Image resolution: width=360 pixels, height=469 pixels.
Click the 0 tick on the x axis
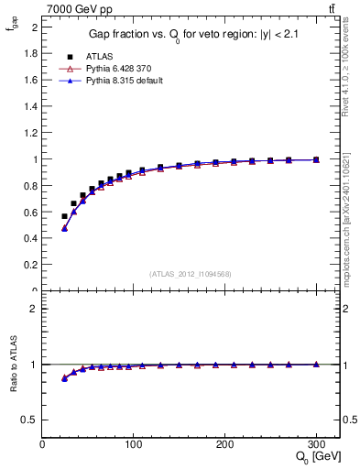[43, 444]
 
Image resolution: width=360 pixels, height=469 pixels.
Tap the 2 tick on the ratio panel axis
[34, 309]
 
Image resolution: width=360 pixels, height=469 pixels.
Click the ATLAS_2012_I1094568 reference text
[190, 274]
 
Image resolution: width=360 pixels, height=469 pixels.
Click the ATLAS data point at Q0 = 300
[316, 159]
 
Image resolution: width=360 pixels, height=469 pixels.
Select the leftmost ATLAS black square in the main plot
[64, 216]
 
